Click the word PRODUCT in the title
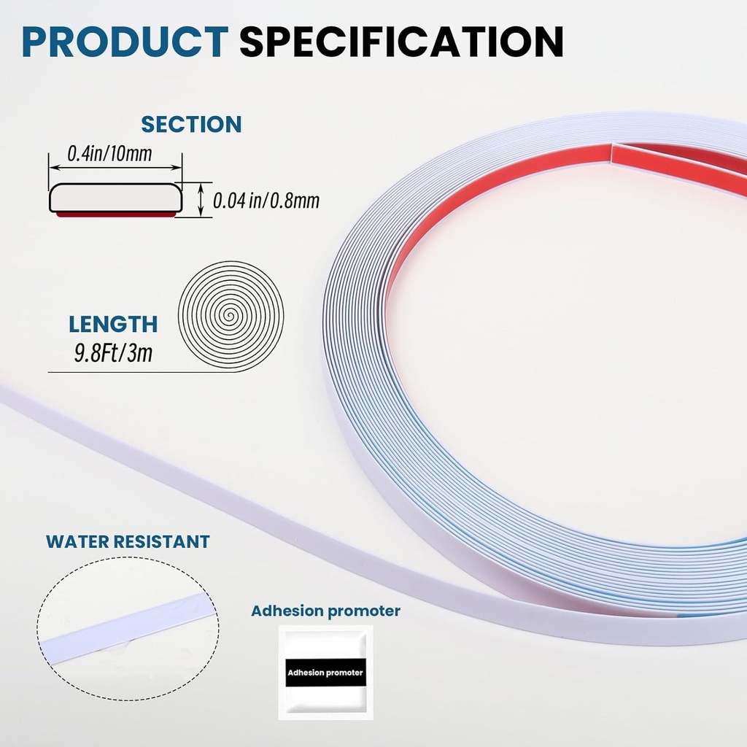125,42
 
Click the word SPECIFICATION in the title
402,42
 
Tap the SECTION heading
192,124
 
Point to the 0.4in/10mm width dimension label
109,154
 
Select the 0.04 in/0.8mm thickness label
266,201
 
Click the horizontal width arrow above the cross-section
116,167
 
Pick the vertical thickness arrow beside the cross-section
201,200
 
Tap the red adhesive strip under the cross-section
116,215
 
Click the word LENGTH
113,325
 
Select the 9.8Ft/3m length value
113,353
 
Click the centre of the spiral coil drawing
231,316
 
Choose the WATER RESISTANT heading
128,542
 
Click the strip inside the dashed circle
128,630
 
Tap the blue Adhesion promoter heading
326,611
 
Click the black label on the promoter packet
325,673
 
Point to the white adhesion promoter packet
326,673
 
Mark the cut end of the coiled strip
612,152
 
